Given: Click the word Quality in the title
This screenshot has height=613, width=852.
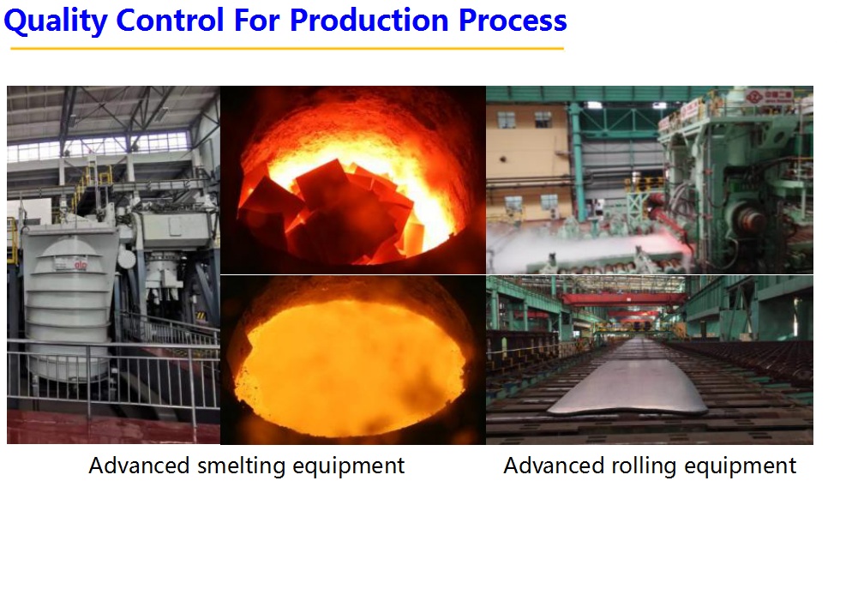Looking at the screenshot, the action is click(56, 21).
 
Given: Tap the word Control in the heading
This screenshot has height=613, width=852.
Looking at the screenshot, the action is click(170, 20).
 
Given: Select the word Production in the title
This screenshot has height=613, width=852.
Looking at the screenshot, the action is click(369, 20).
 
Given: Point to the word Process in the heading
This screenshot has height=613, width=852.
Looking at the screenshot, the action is click(513, 21).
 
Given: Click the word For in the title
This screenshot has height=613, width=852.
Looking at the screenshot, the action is click(256, 20).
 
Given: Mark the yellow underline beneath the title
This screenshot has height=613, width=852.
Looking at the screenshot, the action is click(287, 48).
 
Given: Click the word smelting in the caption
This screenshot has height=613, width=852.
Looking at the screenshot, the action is click(241, 466).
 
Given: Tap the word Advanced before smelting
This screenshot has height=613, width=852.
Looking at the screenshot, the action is click(139, 466).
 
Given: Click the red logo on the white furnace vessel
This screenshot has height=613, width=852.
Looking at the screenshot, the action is click(80, 265).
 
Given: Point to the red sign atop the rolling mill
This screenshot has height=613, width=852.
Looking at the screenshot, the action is click(769, 97).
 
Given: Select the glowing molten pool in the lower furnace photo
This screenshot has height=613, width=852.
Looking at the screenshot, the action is click(351, 368).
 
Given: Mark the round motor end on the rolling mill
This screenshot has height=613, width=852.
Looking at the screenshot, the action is click(749, 219).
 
